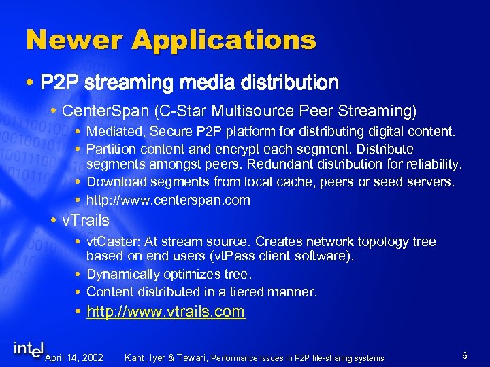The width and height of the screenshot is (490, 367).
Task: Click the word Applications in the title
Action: (224, 41)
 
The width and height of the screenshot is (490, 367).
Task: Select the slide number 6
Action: (464, 355)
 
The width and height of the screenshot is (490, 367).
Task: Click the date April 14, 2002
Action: (73, 357)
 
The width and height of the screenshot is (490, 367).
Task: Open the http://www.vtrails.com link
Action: (167, 312)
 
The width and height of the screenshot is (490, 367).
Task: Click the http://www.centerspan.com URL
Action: (168, 200)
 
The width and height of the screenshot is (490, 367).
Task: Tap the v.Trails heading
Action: (85, 220)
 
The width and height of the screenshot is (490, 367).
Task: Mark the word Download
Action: (114, 182)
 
